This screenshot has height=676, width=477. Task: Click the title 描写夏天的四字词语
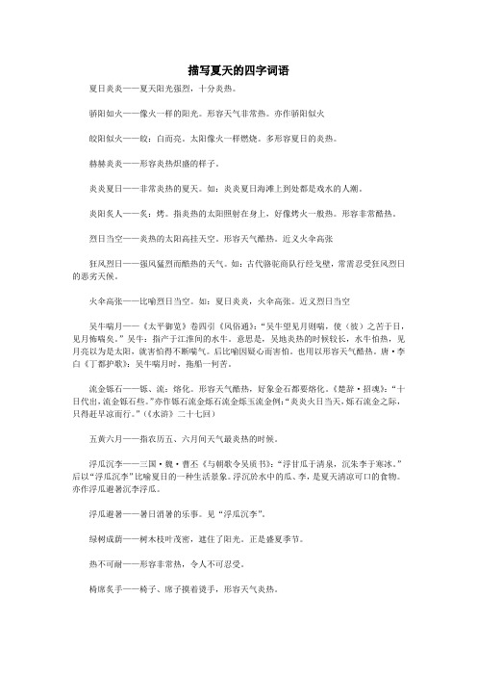tap(238, 70)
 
